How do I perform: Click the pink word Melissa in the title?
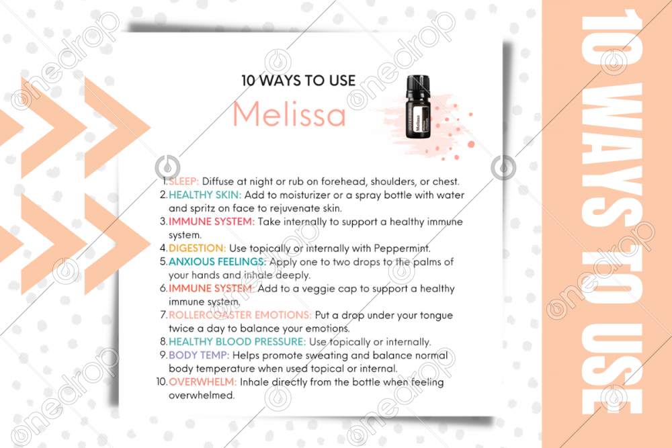point(289,114)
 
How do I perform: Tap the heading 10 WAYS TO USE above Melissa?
point(298,81)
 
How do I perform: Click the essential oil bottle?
point(418,107)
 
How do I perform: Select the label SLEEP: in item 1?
point(184,181)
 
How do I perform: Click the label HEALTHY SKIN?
point(205,195)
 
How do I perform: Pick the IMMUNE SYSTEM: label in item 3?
point(212,222)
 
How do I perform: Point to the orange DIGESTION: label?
point(197,248)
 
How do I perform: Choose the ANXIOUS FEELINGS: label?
point(217,262)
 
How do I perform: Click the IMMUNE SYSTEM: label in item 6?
point(212,288)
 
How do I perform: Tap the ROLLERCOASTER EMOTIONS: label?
point(240,315)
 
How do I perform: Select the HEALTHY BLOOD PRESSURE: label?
point(237,341)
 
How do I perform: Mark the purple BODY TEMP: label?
point(199,355)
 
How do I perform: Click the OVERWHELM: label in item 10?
point(203,382)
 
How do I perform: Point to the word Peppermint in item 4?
point(402,249)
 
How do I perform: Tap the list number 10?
point(161,382)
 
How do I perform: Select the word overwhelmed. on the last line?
point(202,395)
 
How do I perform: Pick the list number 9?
point(163,355)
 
